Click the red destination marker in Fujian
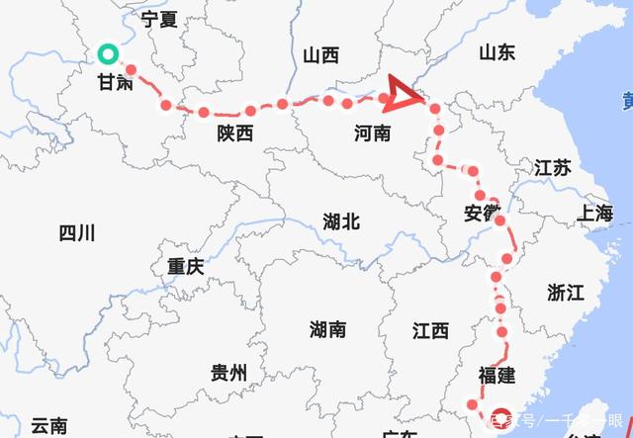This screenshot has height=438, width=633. tap(501, 416)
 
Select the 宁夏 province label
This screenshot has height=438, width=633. tap(159, 19)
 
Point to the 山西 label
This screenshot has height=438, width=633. tap(320, 55)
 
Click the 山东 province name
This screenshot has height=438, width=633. tap(497, 52)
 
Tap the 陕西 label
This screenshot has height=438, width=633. tap(235, 133)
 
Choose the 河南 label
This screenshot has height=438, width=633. tap(372, 133)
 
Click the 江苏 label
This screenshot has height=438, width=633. tap(553, 167)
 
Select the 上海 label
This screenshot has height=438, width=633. tap(597, 213)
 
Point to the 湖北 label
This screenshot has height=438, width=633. tap(341, 221)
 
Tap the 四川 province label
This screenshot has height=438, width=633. tap(76, 233)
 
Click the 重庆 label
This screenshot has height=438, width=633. tap(185, 266)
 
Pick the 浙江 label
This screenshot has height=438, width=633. tap(566, 292)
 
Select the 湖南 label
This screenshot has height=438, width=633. tap(327, 328)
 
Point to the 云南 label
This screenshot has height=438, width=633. tap(48, 426)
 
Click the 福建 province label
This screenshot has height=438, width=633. tap(497, 375)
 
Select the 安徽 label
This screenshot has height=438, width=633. tap(482, 213)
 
